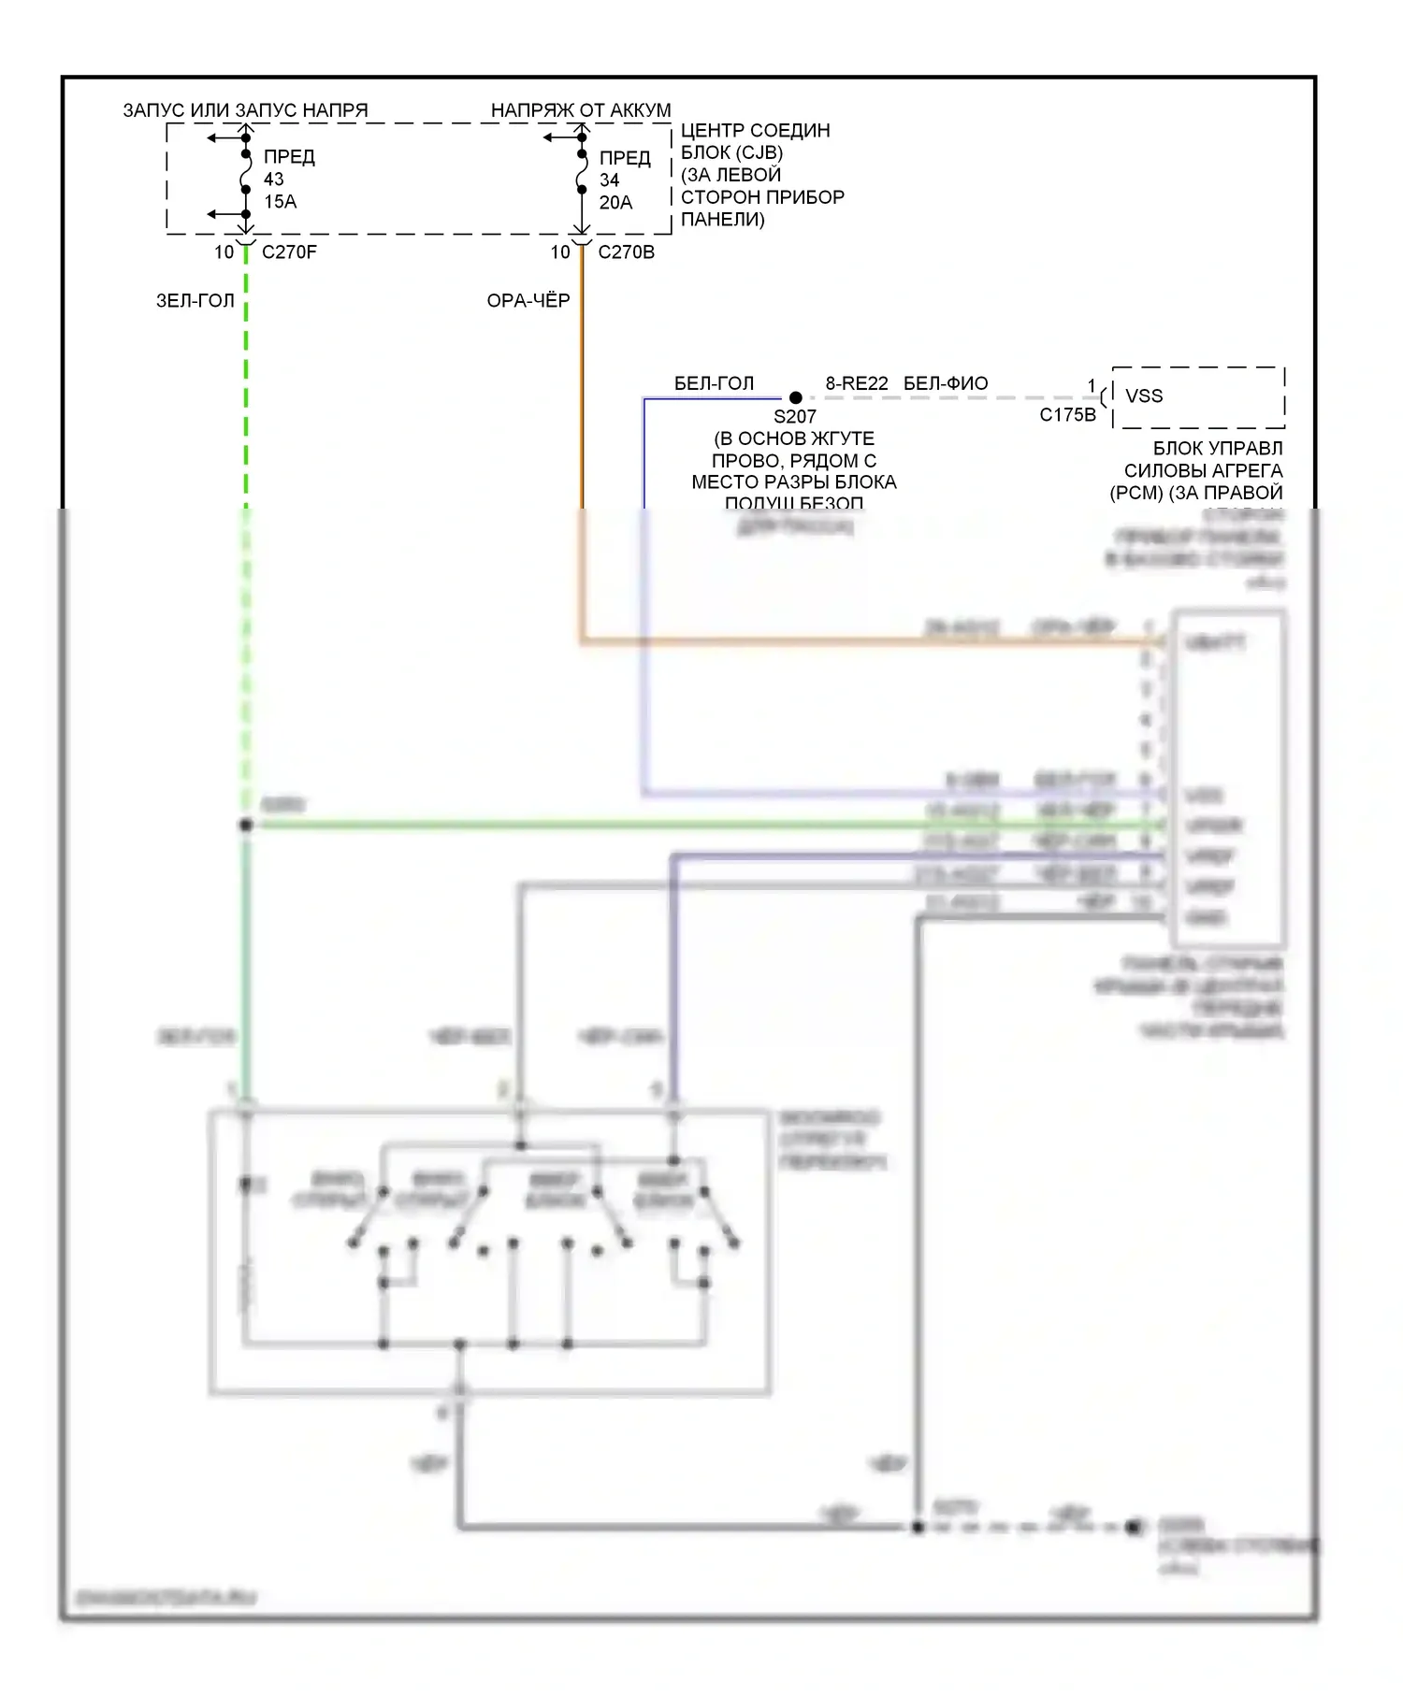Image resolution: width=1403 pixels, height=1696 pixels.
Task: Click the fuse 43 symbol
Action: click(246, 174)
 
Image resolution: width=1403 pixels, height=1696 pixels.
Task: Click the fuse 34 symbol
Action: click(582, 174)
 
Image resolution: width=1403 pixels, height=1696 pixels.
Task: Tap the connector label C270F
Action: click(289, 252)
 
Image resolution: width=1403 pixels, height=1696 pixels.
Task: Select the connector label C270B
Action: click(626, 252)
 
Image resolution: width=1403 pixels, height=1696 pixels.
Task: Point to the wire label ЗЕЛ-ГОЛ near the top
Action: click(195, 301)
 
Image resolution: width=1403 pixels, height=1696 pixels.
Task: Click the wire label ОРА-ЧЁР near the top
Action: click(528, 301)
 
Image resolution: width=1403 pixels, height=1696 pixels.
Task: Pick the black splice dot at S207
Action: click(796, 398)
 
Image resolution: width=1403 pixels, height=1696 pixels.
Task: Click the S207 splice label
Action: click(794, 417)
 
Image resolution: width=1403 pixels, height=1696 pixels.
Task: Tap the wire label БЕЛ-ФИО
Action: click(946, 383)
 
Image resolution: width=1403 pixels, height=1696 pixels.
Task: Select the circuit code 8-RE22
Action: click(857, 383)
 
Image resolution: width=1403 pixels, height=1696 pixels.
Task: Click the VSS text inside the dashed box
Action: click(1144, 396)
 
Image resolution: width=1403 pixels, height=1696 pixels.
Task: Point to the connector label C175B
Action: click(1067, 415)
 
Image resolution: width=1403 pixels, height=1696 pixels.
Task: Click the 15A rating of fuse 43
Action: click(280, 202)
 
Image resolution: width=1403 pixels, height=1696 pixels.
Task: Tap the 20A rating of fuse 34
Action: click(615, 203)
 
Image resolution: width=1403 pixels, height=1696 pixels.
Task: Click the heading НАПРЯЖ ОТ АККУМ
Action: click(581, 110)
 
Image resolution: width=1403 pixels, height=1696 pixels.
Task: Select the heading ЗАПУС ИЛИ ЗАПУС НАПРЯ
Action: click(245, 110)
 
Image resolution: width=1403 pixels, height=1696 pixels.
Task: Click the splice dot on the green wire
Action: click(246, 825)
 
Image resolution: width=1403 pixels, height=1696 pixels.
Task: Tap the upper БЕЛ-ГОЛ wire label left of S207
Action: click(714, 383)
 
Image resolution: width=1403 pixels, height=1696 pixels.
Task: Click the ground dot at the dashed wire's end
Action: click(1134, 1528)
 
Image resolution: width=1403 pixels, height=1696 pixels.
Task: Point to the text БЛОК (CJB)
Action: click(731, 152)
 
